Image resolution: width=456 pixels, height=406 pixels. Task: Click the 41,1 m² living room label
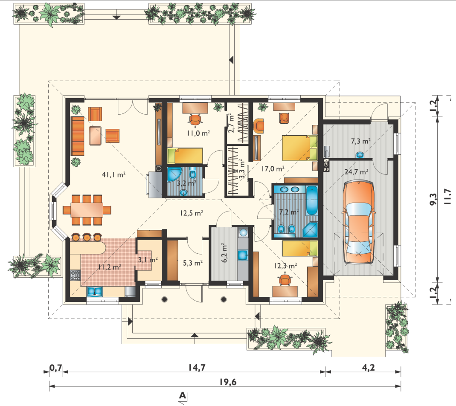[113, 174]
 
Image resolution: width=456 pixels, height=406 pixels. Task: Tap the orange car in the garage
[358, 222]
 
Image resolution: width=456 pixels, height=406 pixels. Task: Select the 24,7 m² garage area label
[356, 172]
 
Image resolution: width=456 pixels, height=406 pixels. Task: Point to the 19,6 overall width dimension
[228, 382]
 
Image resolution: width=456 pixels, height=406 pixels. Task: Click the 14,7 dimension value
[197, 368]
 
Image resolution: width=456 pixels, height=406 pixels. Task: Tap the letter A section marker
[182, 395]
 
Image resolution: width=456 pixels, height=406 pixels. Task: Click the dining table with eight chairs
[87, 210]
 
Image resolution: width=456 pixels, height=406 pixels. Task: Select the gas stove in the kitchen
[75, 275]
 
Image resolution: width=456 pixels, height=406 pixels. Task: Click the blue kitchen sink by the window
[94, 291]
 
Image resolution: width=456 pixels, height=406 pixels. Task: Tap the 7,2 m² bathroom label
[289, 212]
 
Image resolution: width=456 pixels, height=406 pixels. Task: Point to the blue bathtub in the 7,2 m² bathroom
[312, 201]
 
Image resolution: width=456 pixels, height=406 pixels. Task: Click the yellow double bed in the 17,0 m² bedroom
[299, 148]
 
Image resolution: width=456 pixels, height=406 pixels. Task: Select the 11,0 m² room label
[198, 133]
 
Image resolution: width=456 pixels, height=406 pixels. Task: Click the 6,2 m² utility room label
[224, 253]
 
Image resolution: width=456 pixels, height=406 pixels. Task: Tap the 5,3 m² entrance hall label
[192, 263]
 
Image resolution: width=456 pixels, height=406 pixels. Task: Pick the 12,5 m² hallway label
[191, 213]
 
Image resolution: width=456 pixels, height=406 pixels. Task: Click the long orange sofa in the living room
[77, 136]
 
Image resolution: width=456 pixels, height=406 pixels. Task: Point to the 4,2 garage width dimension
[368, 368]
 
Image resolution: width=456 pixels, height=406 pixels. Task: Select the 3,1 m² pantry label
[148, 260]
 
